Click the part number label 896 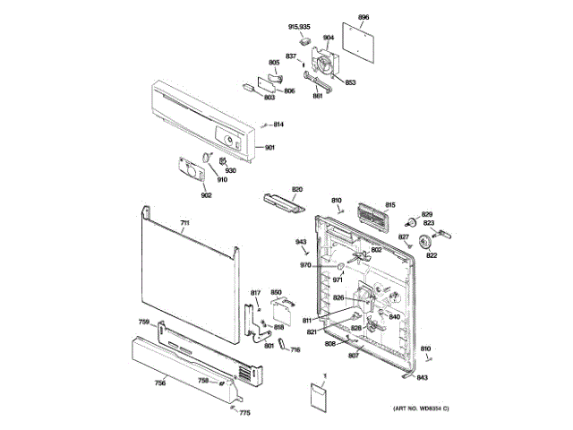click(363, 18)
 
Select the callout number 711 click(184, 222)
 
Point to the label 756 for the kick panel click(159, 383)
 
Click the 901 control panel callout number click(269, 148)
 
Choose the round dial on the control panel click(228, 142)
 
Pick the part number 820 click(296, 189)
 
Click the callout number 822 click(432, 256)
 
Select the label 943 click(302, 243)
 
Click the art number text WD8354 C click(421, 409)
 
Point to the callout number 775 click(244, 411)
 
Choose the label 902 click(206, 195)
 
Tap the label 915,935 click(299, 28)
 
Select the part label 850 click(277, 292)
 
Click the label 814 click(278, 124)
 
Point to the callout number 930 click(229, 171)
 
